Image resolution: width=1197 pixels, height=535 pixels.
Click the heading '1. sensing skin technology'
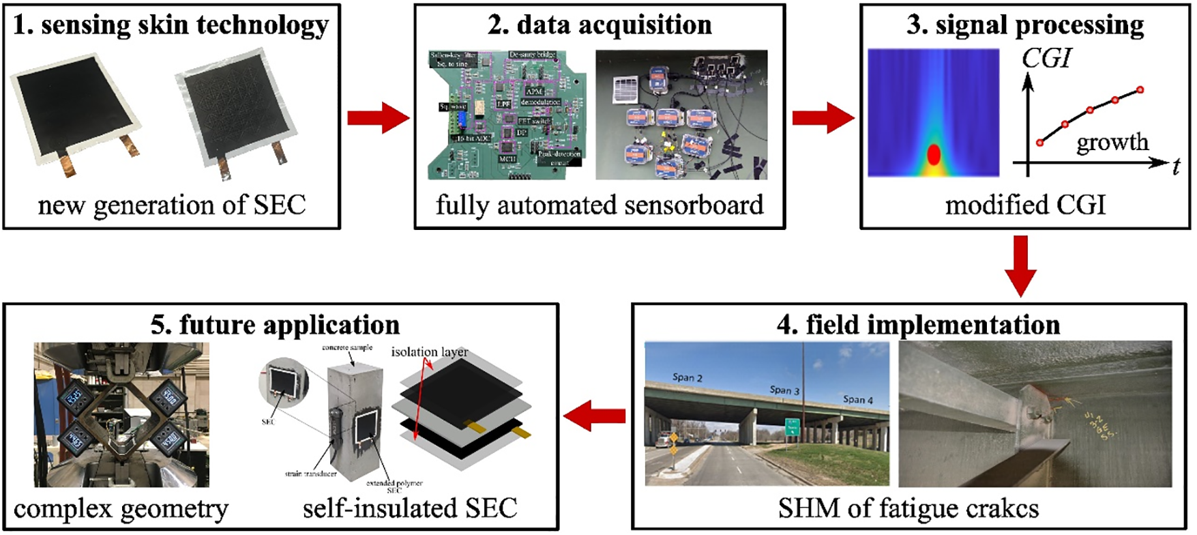[171, 25]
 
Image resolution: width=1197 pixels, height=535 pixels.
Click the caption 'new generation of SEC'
[172, 205]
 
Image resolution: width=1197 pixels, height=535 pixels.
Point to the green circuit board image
[504, 114]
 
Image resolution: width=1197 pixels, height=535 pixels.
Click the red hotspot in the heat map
[934, 155]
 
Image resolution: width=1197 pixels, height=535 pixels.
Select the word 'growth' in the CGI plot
[1112, 142]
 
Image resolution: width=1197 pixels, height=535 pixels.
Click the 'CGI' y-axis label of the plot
[1047, 59]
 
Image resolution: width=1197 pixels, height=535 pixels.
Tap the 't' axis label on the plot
[1176, 167]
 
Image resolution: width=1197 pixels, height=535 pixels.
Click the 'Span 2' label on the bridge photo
[687, 377]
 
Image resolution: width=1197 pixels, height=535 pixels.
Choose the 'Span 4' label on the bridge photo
[857, 399]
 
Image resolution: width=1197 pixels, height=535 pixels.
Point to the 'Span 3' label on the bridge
[784, 390]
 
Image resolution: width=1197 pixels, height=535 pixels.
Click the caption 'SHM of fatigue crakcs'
[908, 508]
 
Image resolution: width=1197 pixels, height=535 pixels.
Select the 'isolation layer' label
[430, 352]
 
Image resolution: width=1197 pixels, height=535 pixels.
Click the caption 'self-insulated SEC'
[410, 508]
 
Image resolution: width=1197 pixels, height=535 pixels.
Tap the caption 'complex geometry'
[121, 509]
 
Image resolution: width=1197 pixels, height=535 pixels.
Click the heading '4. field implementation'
[918, 325]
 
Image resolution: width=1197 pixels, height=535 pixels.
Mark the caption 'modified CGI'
[1025, 205]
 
